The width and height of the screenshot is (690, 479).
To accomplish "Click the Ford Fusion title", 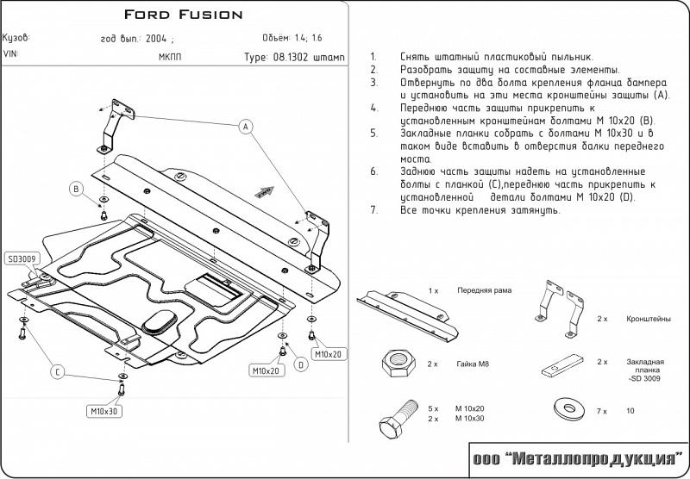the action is (x=183, y=15).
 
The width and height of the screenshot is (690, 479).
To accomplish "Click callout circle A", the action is (x=246, y=127).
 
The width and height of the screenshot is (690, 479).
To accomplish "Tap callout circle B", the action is (x=76, y=190).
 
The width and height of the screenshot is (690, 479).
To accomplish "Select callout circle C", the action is (x=58, y=373).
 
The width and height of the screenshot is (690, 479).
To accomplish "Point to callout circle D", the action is (x=301, y=364).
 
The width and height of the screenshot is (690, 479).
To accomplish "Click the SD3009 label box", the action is (x=22, y=258).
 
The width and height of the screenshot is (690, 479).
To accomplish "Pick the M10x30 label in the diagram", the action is (x=103, y=411).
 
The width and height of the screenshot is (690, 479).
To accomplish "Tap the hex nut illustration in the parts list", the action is (x=398, y=363).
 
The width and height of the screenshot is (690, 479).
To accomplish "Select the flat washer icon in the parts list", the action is (x=569, y=408).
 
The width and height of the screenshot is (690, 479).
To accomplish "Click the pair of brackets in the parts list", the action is (x=558, y=308).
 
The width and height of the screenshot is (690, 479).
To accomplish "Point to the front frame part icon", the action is (x=406, y=314).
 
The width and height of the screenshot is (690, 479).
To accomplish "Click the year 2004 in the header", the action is (x=156, y=38).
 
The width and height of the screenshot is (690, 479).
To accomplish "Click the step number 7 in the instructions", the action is (x=373, y=210).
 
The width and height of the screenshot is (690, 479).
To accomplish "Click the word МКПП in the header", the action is (x=170, y=57).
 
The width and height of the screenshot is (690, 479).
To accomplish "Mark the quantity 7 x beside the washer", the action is (x=601, y=411).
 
